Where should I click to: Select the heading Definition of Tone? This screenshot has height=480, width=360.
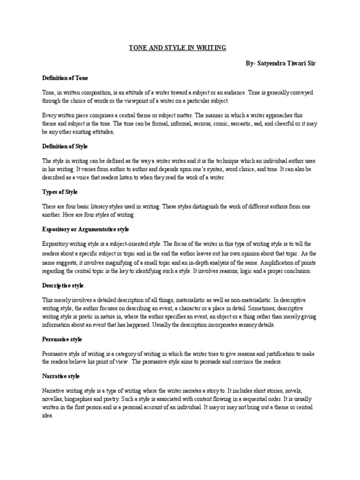tap(65, 77)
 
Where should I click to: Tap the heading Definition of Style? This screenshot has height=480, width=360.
tap(65, 146)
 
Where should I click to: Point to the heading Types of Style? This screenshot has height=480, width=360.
tap(60, 192)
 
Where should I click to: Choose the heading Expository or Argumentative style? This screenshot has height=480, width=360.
tap(85, 229)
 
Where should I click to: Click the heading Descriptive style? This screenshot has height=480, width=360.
tap(63, 285)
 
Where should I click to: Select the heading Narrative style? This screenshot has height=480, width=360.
tap(61, 376)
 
